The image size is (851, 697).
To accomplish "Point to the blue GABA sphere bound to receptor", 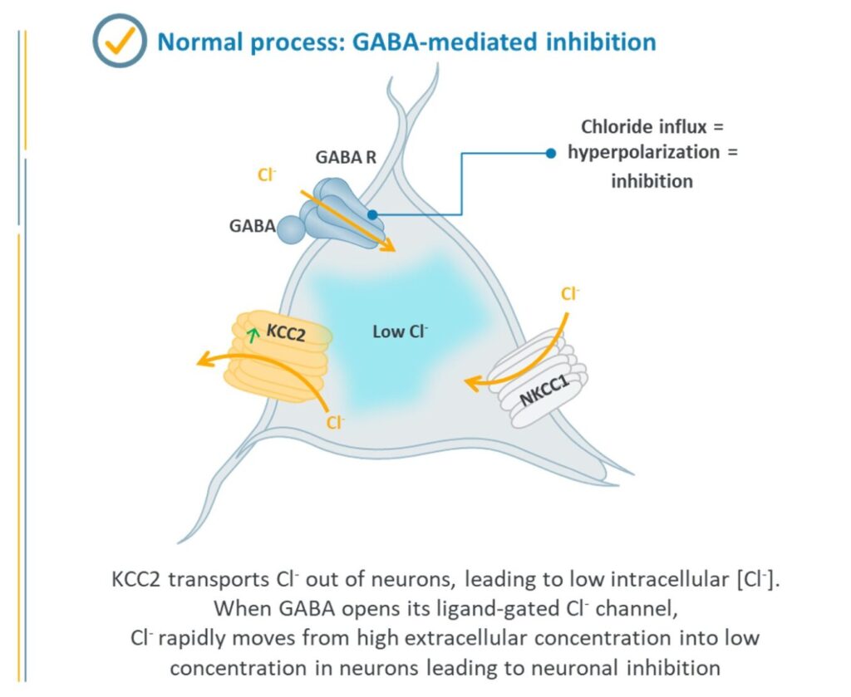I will [292, 229].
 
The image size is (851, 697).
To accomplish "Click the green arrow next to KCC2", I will [253, 336].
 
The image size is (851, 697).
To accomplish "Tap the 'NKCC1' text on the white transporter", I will [544, 387].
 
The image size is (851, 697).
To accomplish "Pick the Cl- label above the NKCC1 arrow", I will [570, 293].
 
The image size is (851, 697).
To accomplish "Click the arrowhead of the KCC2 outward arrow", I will [202, 361].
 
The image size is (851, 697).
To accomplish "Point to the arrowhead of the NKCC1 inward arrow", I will [470, 383].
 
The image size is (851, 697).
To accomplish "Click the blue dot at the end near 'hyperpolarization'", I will [550, 153].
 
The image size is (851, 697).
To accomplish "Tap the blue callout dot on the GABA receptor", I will [372, 214].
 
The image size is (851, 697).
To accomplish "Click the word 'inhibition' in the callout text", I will [652, 180].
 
